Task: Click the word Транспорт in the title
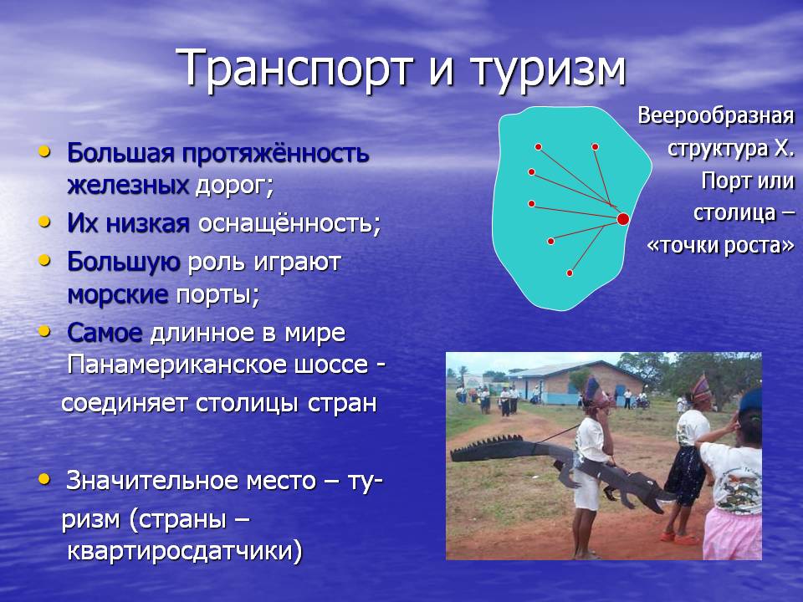point(295,69)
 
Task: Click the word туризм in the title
point(548,70)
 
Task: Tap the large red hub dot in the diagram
point(622,219)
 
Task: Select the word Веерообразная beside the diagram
point(716,116)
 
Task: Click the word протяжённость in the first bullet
point(275,154)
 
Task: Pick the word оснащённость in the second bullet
point(289,224)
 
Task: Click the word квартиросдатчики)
point(185,552)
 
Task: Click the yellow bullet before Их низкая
point(45,222)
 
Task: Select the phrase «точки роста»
point(720,246)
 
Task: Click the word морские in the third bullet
point(118,294)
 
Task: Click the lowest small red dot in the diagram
point(569,273)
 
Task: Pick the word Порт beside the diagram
point(720,181)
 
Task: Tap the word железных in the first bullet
point(128,186)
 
